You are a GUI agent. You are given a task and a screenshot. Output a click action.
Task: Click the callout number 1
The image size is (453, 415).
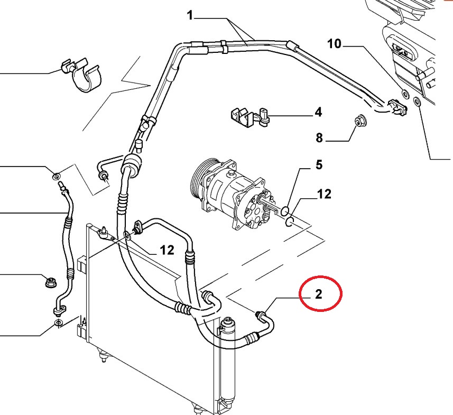pos(190,16)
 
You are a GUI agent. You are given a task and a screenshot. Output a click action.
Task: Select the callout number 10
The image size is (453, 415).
pos(335,43)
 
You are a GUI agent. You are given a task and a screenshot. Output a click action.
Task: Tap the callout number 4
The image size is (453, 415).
pos(318,112)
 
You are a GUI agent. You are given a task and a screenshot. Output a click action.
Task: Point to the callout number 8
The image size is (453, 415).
pos(319,139)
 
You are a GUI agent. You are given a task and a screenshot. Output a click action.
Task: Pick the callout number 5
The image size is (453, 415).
pos(318,165)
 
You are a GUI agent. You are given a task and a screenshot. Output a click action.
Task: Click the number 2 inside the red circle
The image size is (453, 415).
pos(318,294)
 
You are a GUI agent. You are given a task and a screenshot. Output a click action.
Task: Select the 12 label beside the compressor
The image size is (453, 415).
pos(324,195)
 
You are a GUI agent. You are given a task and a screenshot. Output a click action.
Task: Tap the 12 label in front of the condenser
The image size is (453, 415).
pos(167,250)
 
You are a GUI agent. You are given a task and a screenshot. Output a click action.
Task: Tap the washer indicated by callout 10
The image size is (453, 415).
pos(405,95)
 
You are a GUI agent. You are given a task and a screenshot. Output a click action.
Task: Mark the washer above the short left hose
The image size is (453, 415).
pos(56,175)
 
